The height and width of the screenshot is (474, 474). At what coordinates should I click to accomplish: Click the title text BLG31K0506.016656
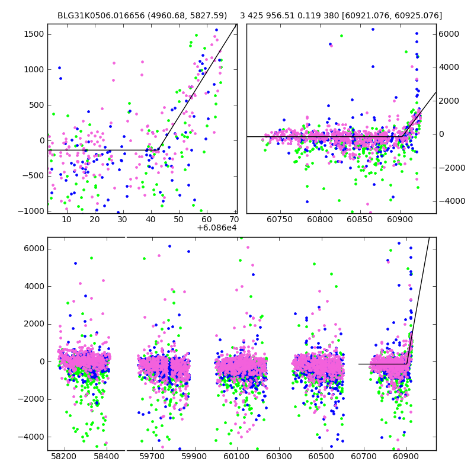(x=100, y=16)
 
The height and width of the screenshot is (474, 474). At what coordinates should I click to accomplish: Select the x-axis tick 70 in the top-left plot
(x=234, y=220)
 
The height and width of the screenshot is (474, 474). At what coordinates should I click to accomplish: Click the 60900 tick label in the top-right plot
(x=399, y=220)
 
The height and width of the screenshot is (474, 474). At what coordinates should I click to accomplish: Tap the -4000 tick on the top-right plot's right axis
(x=451, y=201)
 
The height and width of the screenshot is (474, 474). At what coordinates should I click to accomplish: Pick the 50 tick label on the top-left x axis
(x=178, y=220)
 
